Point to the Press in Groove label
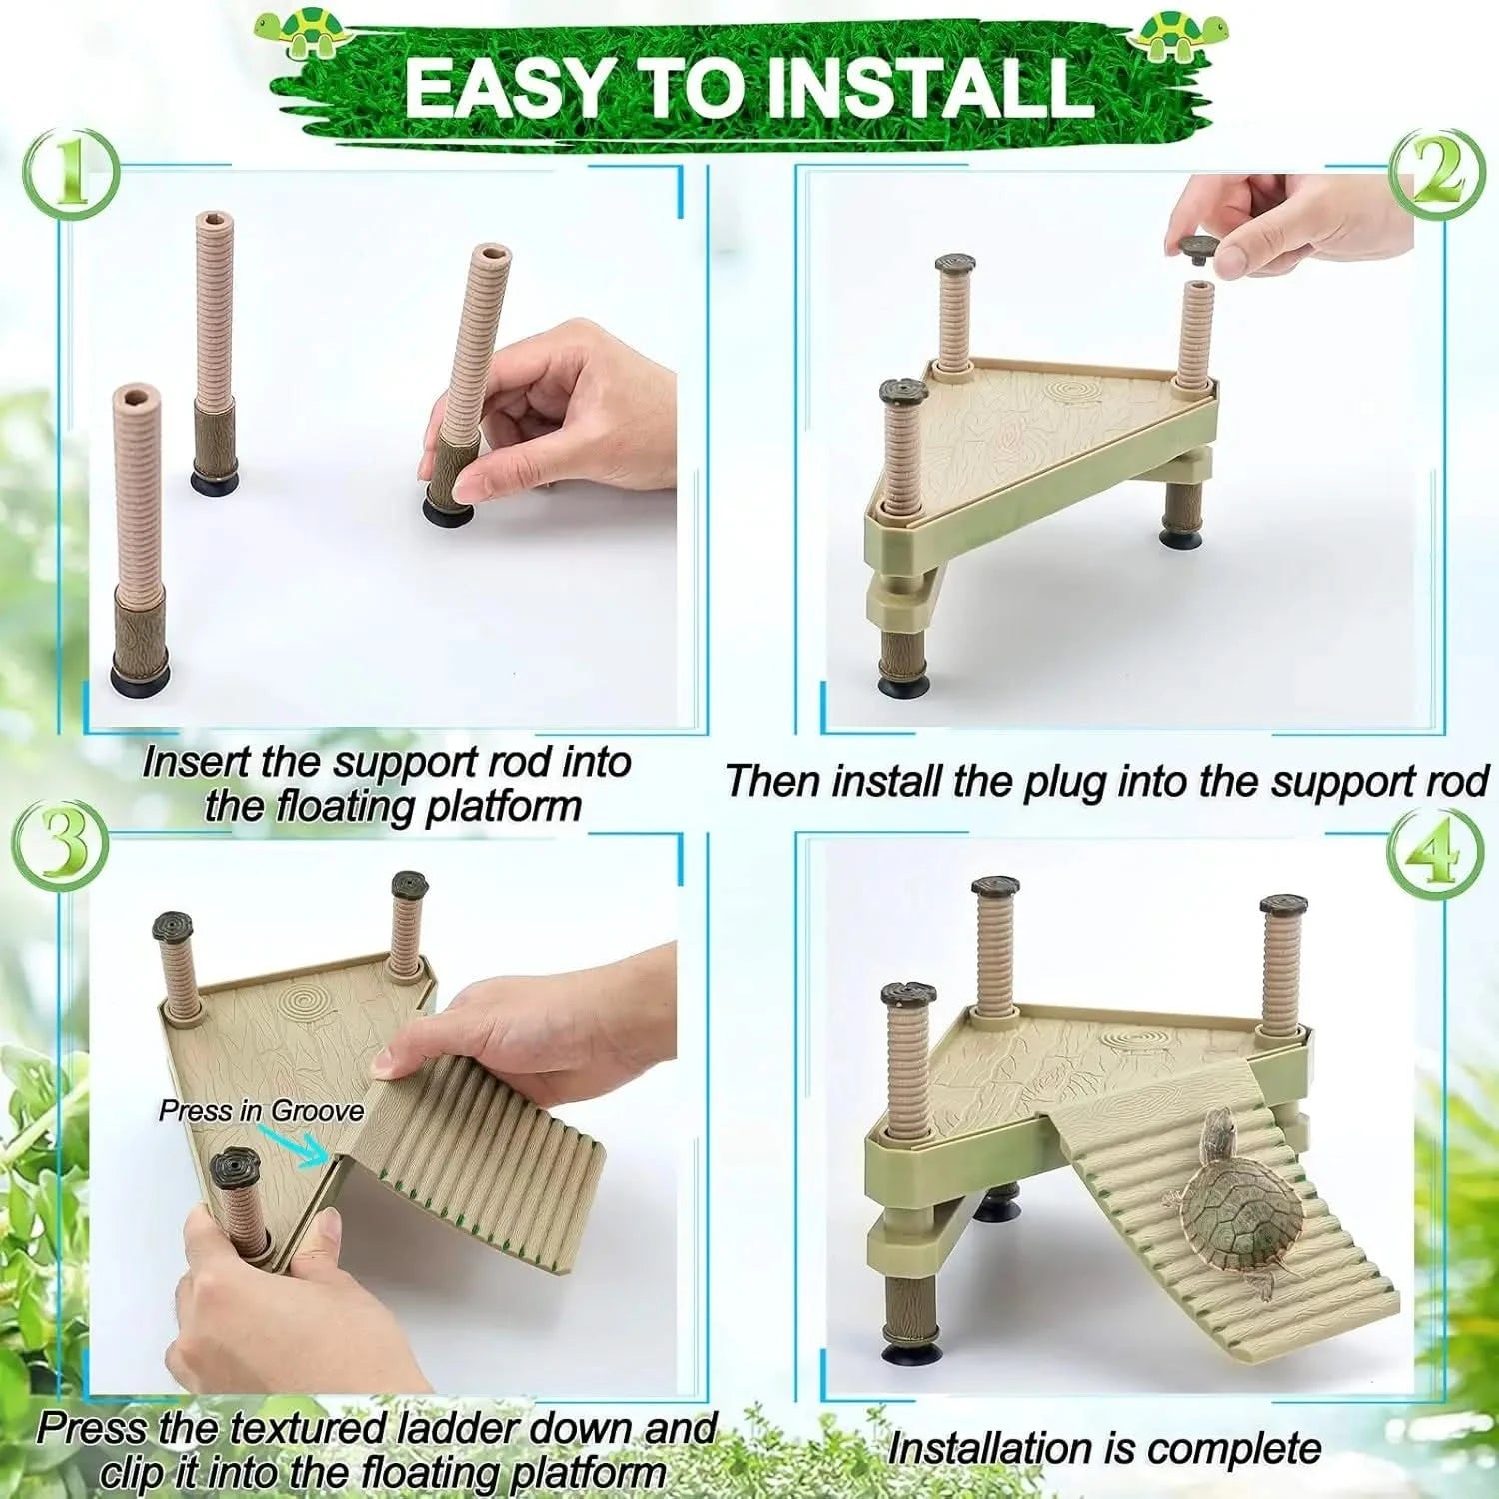click(261, 1111)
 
